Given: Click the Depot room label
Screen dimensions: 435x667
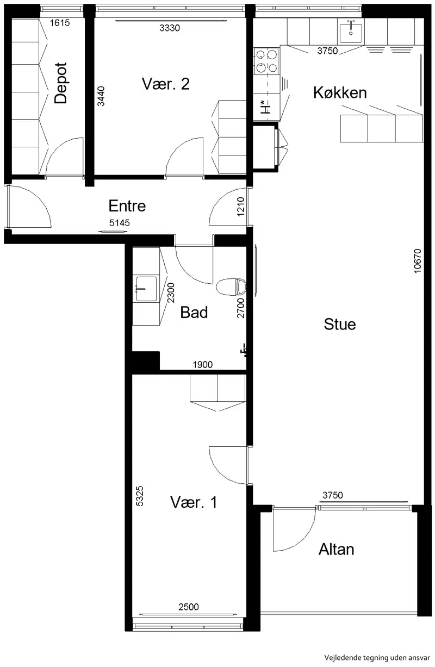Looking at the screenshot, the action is tap(61, 83).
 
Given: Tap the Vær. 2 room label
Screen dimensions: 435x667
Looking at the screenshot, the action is tap(166, 84).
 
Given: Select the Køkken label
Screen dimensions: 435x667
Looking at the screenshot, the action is tap(340, 92).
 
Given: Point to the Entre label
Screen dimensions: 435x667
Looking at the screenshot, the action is tap(127, 206).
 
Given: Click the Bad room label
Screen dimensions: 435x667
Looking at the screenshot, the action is tap(194, 313).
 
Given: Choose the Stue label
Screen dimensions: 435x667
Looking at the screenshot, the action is tap(340, 325).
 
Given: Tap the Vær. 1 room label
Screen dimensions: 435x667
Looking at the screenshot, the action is tap(194, 502).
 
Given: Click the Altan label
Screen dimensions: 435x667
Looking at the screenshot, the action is tap(337, 550).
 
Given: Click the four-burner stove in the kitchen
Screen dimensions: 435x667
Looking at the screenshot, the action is tap(266, 61).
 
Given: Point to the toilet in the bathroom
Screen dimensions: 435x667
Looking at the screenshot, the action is tap(231, 287).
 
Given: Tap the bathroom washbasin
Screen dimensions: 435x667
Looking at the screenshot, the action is tap(146, 289).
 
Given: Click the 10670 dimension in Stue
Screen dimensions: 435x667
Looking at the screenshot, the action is tap(418, 261).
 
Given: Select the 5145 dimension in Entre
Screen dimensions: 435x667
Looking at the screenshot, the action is tap(120, 223).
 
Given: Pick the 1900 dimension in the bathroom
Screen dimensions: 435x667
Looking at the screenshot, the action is tap(203, 364).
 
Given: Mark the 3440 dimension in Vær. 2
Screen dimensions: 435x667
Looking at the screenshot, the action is tap(101, 96).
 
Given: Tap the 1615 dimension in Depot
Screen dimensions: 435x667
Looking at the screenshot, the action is tap(60, 23).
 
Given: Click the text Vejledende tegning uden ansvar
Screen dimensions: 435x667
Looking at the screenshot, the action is tap(377, 657).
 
